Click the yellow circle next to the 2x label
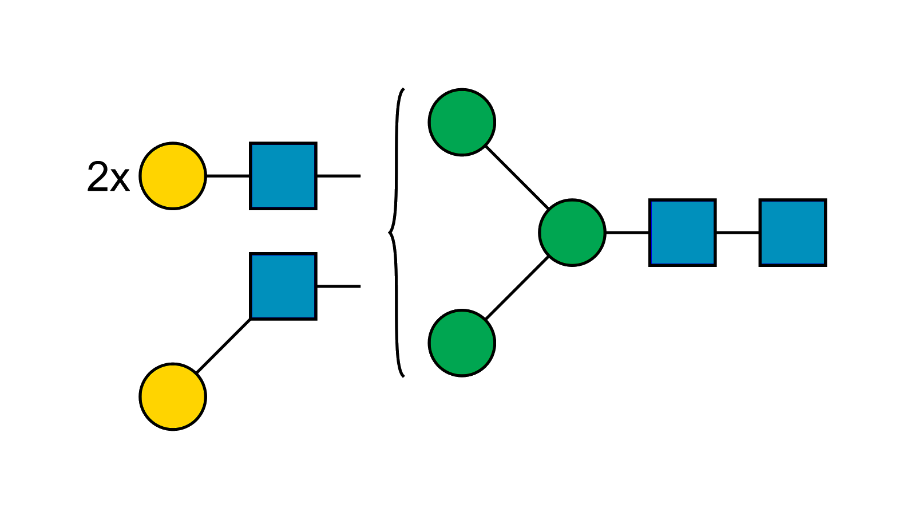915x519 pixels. [x=172, y=176]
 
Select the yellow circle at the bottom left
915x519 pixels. [x=172, y=396]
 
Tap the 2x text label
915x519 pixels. [x=108, y=177]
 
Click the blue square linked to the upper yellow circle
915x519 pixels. [x=283, y=175]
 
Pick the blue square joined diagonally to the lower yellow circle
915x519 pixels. [x=283, y=286]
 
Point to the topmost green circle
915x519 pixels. [x=462, y=122]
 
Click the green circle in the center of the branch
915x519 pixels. [x=572, y=233]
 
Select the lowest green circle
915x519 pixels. [x=462, y=343]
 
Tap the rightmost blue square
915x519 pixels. [x=793, y=232]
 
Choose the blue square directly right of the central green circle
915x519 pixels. [x=683, y=232]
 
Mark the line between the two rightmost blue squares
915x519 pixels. [x=738, y=233]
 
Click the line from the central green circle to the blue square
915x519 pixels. [x=627, y=233]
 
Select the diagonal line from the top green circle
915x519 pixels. [x=516, y=177]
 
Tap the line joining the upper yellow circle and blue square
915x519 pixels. [x=228, y=176]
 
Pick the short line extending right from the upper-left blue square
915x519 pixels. [x=339, y=176]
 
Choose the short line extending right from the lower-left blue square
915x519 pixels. [x=339, y=286]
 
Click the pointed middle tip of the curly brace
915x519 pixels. [x=390, y=233]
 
